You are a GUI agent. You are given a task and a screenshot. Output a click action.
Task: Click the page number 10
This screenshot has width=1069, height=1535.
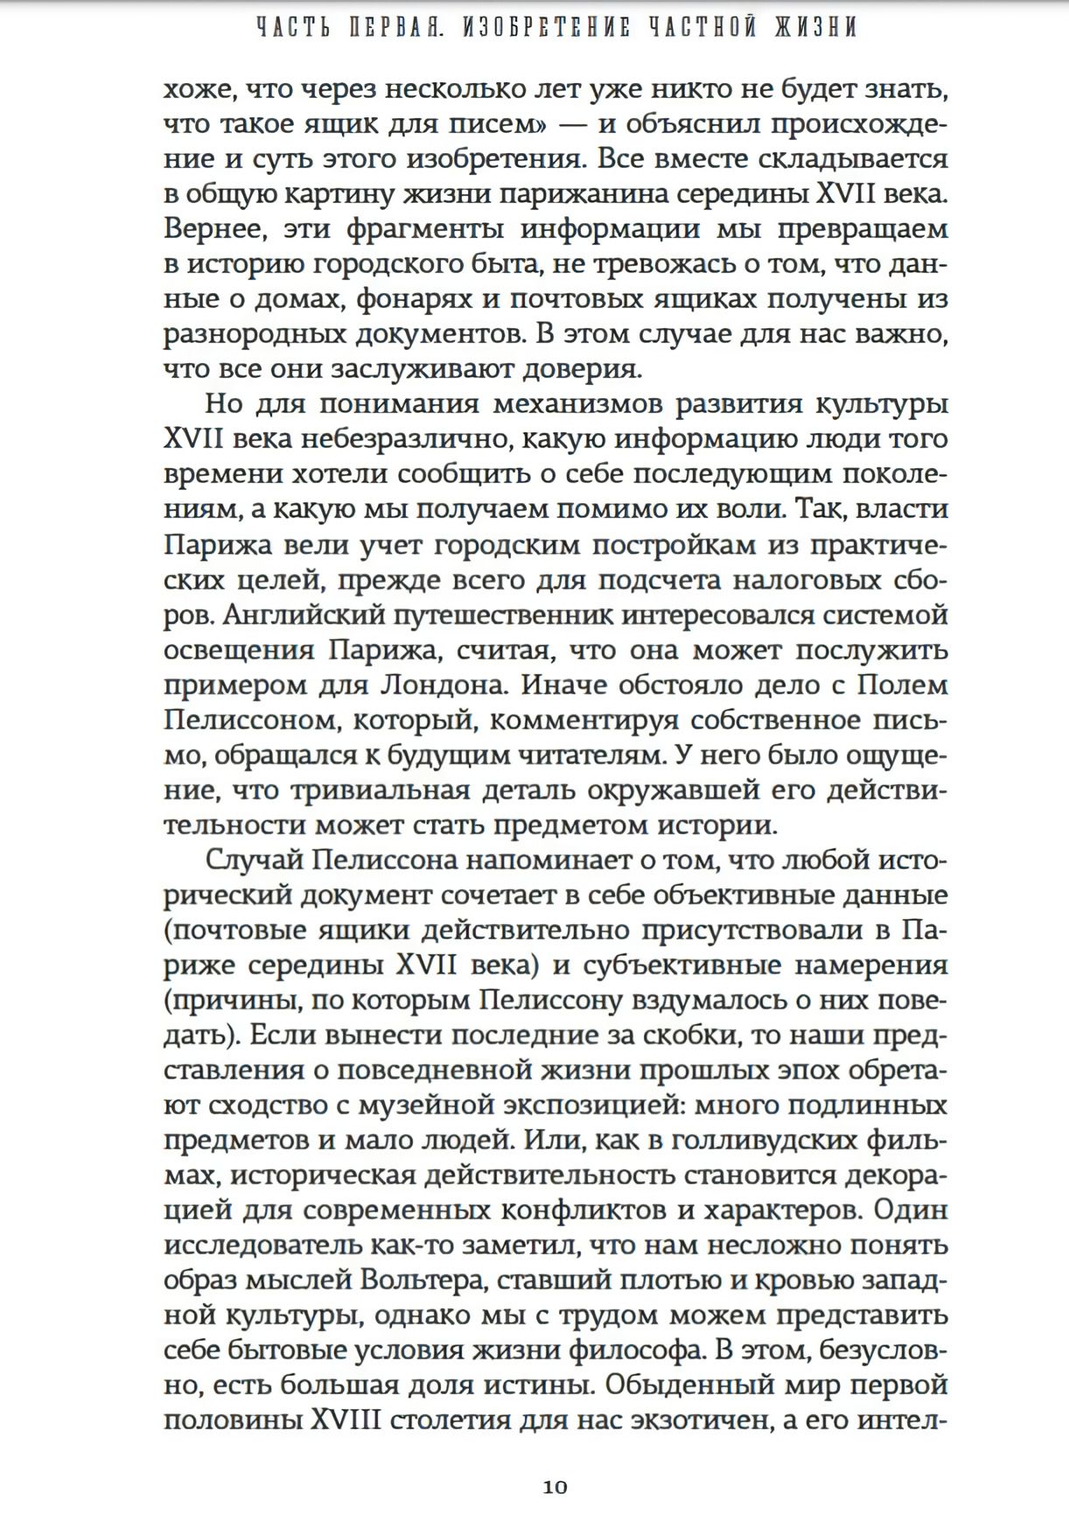(555, 1486)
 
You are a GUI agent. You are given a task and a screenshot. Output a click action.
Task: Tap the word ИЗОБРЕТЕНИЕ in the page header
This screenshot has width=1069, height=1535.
(547, 28)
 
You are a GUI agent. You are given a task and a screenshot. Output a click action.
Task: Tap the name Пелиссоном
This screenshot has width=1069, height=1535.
(250, 719)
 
